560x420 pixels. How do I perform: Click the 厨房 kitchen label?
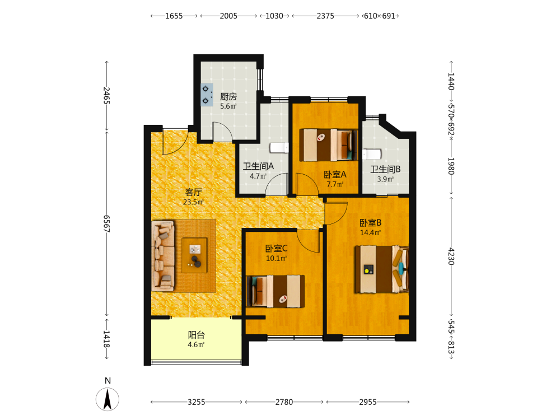click(228, 96)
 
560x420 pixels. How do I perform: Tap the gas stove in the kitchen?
click(207, 95)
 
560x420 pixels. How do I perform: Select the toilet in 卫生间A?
click(279, 147)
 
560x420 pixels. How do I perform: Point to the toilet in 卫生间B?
click(372, 154)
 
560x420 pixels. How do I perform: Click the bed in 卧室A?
click(328, 145)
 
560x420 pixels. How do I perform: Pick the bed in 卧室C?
click(276, 291)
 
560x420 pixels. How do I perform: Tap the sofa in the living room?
click(163, 256)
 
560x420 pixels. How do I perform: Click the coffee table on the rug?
click(194, 255)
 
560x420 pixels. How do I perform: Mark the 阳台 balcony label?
click(197, 335)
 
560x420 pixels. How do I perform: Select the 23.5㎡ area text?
click(193, 202)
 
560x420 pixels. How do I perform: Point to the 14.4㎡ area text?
click(370, 233)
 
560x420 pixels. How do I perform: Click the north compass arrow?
click(108, 399)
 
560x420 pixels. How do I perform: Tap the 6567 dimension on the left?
click(106, 223)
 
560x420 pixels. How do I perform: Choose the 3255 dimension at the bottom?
click(197, 402)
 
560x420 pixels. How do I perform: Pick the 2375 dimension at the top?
click(325, 16)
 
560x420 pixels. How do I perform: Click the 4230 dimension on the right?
click(451, 256)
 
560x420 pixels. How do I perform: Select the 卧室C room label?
click(277, 249)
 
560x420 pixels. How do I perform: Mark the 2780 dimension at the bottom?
click(284, 402)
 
